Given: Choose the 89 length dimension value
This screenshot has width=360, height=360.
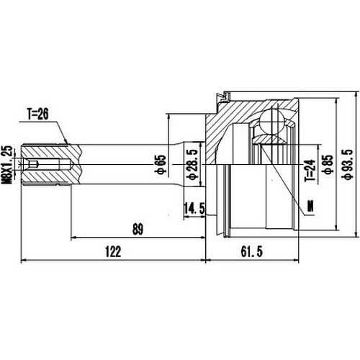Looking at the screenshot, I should (138, 230).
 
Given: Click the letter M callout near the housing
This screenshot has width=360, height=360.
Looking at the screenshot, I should (311, 207).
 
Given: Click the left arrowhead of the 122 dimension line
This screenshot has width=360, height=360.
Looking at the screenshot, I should (26, 259).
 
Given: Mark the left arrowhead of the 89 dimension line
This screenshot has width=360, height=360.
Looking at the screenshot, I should (73, 238).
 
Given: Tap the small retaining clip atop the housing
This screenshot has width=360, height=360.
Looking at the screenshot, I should (227, 94).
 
